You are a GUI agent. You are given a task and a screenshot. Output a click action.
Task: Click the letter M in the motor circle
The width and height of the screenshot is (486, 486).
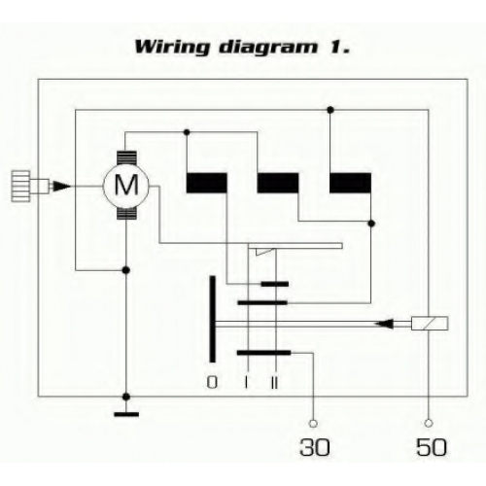(126, 185)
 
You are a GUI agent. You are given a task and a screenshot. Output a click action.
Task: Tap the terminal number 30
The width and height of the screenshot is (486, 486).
(315, 447)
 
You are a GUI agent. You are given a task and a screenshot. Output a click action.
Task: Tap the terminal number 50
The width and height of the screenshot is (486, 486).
(432, 447)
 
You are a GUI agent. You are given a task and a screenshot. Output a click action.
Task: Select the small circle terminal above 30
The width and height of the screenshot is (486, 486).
(313, 423)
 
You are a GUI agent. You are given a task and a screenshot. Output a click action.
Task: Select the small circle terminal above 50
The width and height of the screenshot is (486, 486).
(429, 423)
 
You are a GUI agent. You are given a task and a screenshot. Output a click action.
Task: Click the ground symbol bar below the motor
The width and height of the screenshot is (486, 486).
(126, 414)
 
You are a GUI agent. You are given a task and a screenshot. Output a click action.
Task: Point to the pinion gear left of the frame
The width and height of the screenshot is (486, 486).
(21, 187)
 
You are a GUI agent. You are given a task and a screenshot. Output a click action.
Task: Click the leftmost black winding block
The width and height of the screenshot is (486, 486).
(206, 183)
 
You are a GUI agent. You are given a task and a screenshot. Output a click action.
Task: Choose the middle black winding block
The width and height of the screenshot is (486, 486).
(278, 183)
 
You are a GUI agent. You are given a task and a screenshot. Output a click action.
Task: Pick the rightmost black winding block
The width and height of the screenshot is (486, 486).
(350, 183)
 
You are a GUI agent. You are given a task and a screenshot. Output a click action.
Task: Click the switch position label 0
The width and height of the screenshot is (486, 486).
(212, 383)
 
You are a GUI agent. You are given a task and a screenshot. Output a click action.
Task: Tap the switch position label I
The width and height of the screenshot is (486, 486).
(247, 383)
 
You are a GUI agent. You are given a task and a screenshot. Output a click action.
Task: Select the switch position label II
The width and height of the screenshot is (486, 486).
(274, 383)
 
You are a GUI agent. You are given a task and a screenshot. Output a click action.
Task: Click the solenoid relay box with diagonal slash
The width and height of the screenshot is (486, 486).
(430, 324)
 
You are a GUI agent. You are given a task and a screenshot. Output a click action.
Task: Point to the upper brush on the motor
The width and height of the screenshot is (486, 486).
(126, 158)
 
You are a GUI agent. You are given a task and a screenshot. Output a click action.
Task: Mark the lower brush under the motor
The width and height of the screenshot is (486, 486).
(126, 213)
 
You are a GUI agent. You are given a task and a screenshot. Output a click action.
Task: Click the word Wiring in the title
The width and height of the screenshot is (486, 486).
(172, 48)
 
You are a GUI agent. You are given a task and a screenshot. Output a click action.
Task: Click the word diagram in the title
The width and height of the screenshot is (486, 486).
(268, 48)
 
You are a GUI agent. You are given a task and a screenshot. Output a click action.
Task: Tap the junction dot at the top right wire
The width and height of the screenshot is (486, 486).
(330, 110)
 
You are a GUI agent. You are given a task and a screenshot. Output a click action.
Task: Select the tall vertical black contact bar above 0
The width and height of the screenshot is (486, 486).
(212, 319)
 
